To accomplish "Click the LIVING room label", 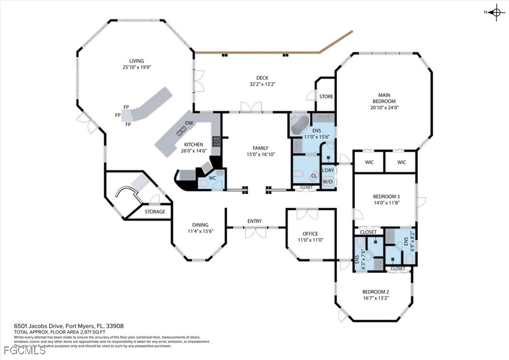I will [x=136, y=61].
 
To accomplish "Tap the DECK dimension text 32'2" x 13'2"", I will [x=262, y=84].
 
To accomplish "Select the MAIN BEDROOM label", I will [x=384, y=98].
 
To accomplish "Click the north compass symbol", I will [x=496, y=13].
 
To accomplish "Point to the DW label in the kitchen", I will [x=189, y=123].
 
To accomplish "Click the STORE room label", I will [x=326, y=97].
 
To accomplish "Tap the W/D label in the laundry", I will [x=327, y=182].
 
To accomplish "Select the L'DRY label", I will [x=327, y=171].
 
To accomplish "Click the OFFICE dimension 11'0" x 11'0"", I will [x=310, y=240].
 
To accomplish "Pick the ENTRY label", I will [x=254, y=221].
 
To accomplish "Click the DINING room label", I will [x=200, y=225].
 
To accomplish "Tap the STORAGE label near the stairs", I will [x=155, y=212].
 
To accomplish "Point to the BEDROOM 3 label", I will [x=386, y=197].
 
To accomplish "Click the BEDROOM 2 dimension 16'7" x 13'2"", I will [x=375, y=298].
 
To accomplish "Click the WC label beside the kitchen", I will [x=212, y=178].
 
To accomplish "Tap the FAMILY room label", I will [x=260, y=148].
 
